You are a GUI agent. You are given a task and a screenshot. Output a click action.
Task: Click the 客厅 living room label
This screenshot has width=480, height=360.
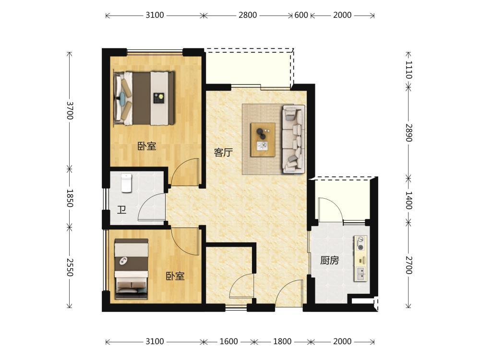coord(224,152)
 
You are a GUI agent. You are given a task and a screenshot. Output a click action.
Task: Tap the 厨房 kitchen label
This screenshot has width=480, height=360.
coord(330,261)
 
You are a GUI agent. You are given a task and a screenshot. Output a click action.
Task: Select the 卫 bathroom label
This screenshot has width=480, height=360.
coord(121,210)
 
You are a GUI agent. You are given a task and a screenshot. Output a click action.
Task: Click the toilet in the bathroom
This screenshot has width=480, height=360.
coord(126,183)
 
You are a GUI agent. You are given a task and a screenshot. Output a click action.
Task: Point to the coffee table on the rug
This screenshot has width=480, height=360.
coord(263,140)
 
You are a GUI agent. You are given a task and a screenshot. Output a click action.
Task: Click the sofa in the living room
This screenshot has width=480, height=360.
coord(294,139)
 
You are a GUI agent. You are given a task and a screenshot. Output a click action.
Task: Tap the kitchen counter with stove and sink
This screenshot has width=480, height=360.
coord(360,258)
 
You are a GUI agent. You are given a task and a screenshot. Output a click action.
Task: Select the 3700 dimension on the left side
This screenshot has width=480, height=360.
coord(70,110)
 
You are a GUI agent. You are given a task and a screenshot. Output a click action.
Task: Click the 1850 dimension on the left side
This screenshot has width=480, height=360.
coord(70,198)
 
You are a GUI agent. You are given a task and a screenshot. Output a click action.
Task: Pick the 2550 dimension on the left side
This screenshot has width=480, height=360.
coord(70,267)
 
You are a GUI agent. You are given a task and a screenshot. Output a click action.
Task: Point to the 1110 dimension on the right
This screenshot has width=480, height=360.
coord(409,70)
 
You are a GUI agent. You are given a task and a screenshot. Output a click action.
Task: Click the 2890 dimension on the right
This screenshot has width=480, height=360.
coord(409,132)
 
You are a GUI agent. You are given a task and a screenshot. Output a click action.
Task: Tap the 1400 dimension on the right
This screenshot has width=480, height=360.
coord(409,200)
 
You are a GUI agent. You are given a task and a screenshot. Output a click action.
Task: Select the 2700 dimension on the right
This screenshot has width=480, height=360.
coord(409,265)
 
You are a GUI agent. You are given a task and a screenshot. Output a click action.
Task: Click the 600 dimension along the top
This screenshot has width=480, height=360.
coord(301,15)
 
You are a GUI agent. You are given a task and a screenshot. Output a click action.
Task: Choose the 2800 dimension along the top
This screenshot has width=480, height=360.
coord(248,15)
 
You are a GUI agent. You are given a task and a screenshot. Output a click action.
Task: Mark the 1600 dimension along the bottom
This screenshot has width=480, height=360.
coord(228,341)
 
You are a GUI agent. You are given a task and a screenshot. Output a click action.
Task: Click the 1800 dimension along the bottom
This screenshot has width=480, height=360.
coord(282,341)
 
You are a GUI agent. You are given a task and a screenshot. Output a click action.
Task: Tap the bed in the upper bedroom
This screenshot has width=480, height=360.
coord(144,98)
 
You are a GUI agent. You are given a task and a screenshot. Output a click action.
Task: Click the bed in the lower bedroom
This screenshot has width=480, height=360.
coord(132,269)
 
